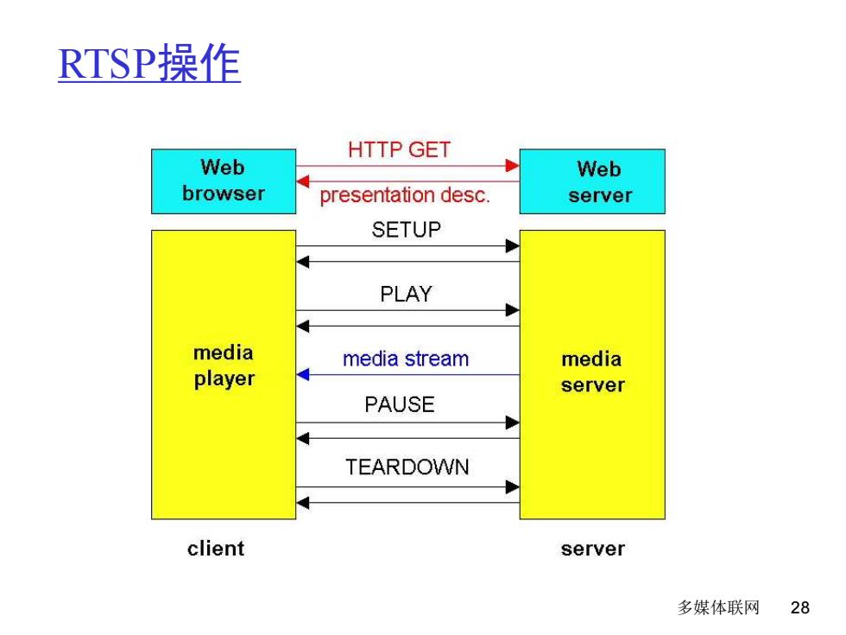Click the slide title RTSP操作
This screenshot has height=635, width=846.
(x=149, y=63)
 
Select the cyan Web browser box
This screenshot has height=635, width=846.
(x=224, y=181)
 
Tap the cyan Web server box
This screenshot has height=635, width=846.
(x=592, y=181)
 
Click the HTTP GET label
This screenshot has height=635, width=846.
(x=399, y=149)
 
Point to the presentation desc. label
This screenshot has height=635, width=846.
(x=405, y=194)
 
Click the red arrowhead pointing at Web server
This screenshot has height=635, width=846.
(x=513, y=166)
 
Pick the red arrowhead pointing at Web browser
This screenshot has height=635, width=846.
(x=303, y=181)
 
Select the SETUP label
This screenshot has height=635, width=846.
(x=407, y=230)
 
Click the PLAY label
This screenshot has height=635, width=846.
(x=407, y=295)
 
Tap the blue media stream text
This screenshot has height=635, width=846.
(x=406, y=359)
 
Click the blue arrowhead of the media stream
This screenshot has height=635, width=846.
(x=303, y=374)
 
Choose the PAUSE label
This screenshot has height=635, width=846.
(x=400, y=404)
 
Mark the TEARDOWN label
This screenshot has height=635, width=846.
(x=407, y=467)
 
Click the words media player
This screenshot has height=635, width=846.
(x=224, y=366)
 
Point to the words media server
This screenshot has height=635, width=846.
(x=592, y=371)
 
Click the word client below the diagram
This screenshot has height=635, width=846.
(x=216, y=549)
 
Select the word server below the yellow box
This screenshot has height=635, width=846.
(x=593, y=549)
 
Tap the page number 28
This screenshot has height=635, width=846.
(x=800, y=607)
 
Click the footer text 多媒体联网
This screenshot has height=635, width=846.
(x=718, y=607)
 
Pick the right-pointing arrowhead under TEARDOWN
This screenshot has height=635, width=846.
(x=513, y=487)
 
